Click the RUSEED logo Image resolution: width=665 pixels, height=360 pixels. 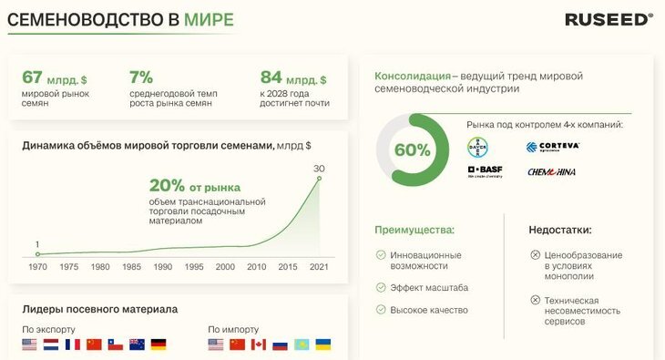pos(608,18)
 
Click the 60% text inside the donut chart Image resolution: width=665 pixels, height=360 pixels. pos(412,150)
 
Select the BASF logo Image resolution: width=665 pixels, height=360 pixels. pos(484,171)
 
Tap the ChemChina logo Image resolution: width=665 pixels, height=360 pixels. pos(550,171)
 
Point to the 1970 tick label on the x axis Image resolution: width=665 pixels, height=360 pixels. pos(37,267)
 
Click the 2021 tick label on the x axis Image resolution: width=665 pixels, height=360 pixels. pos(319,267)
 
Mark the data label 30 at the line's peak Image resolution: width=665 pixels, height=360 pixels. pos(319,168)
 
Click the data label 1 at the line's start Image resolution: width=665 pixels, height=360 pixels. pos(37,243)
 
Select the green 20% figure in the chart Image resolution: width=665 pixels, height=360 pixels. pos(169,182)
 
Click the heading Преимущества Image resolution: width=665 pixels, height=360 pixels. pos(414,231)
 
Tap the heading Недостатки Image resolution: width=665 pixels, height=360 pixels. pos(560,231)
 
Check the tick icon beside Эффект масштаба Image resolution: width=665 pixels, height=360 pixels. pos(380,287)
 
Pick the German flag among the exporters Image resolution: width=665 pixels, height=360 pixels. pos(159,345)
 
